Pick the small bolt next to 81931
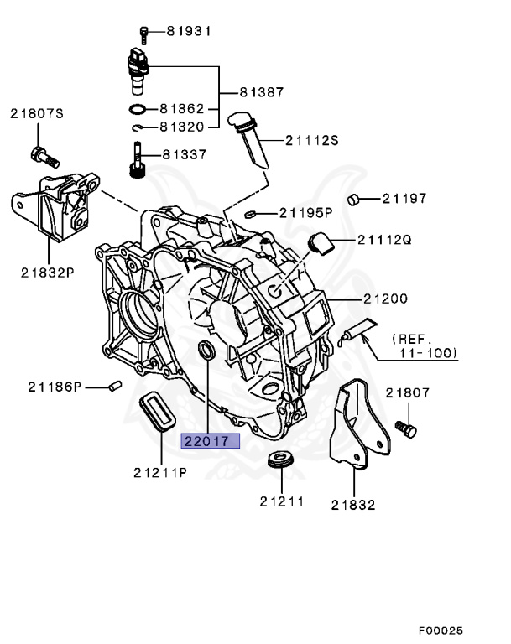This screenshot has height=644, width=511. click(143, 33)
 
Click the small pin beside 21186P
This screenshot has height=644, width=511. click(116, 386)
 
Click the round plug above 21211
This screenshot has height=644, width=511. click(280, 461)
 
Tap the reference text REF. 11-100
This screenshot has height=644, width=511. click(425, 345)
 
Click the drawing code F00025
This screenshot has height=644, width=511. click(441, 630)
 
